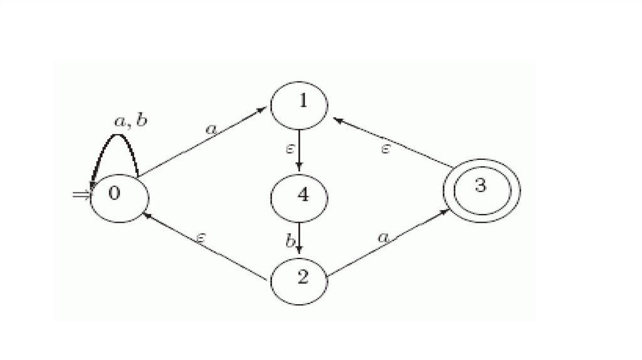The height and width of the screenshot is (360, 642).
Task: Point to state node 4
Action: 300,196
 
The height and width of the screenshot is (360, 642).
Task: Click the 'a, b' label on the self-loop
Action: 130,120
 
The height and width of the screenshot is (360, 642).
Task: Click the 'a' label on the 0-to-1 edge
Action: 211,129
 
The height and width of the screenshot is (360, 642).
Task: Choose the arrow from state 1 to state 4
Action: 300,150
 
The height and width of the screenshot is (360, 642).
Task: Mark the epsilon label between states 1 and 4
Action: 290,149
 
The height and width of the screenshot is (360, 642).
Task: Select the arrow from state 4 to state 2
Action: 300,238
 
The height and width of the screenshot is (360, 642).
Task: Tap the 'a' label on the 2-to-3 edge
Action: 385,236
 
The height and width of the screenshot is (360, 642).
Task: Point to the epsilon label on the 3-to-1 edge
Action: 386,149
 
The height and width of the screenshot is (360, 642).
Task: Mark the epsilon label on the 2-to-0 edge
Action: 201,237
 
